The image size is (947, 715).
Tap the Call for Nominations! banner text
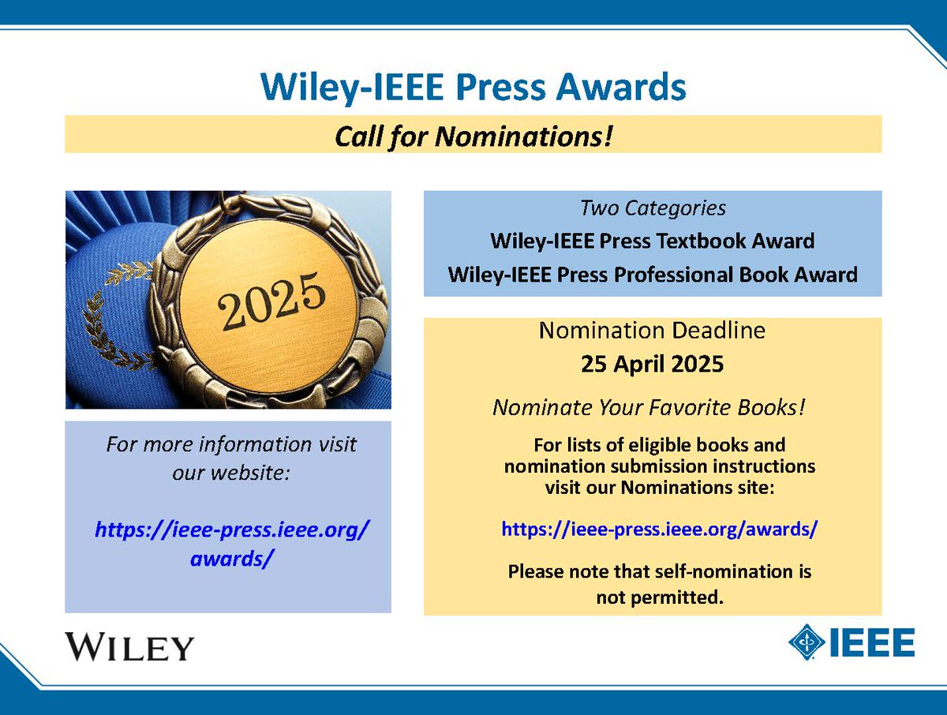[473, 136]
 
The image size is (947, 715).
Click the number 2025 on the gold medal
[272, 301]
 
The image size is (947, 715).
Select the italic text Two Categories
[652, 209]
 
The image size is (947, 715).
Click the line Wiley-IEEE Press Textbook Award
[652, 240]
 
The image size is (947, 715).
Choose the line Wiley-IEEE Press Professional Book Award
[652, 275]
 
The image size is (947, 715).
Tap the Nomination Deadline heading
[652, 331]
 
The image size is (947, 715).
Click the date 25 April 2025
[652, 365]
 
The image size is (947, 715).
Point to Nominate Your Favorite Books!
[652, 407]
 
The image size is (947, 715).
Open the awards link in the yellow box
[659, 529]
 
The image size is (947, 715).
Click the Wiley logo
[129, 646]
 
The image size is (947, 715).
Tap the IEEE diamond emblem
[806, 642]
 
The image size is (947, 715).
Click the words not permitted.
[660, 597]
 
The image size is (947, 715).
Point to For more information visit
[231, 444]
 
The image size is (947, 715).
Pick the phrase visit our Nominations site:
[660, 487]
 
